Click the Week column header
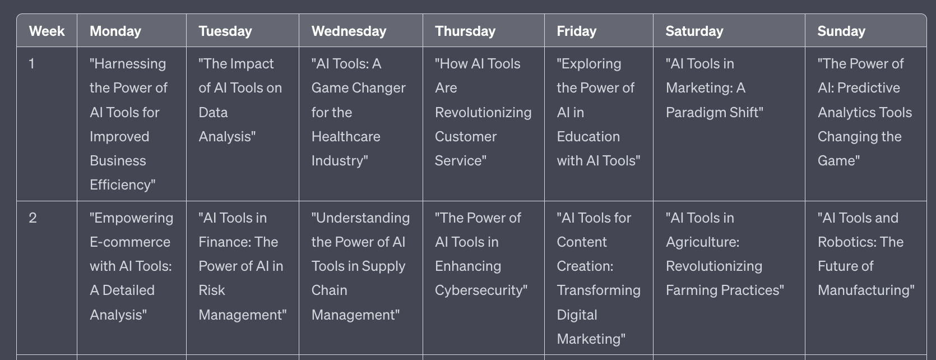(x=47, y=31)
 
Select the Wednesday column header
(x=349, y=31)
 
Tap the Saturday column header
(x=694, y=31)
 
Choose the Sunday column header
(x=841, y=31)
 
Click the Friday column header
(x=577, y=31)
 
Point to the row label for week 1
(x=31, y=63)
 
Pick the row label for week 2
(x=33, y=218)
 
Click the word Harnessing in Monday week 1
(x=130, y=64)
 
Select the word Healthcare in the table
(x=346, y=136)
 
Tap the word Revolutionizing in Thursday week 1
(x=483, y=113)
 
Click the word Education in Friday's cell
(x=589, y=136)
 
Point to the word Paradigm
(x=696, y=113)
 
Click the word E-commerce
(x=130, y=242)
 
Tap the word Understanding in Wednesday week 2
(x=363, y=218)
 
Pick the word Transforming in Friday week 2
(x=599, y=290)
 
